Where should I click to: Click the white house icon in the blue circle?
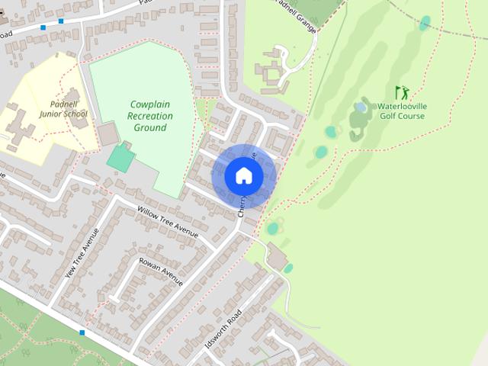coord(244,175)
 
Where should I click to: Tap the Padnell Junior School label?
coord(63,109)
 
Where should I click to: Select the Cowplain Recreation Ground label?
coord(150,116)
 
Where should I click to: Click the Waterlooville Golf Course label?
coord(401,111)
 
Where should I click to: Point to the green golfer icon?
coord(402,92)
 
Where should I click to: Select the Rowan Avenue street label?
coord(162,272)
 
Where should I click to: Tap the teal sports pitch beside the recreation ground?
coord(120,158)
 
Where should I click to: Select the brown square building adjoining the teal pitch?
coord(108,134)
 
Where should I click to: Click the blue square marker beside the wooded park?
coord(82,332)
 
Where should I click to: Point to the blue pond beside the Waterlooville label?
coord(360,108)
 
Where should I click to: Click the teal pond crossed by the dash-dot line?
coord(425,23)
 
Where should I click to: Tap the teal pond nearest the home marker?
coord(273,228)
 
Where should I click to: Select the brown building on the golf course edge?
coord(277,262)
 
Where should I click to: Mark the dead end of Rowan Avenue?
coord(140,262)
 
